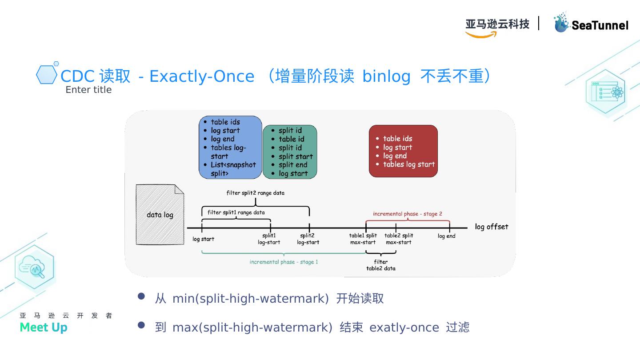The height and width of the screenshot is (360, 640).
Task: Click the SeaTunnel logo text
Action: coord(600,25)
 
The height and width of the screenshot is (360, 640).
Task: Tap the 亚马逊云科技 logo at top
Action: coord(497,24)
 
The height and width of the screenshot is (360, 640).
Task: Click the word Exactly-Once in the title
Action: coord(202,76)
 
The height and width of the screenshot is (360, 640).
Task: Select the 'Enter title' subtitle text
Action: coord(88,90)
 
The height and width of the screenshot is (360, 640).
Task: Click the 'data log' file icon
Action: coord(160,215)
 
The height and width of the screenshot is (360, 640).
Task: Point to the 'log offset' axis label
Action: coord(491,227)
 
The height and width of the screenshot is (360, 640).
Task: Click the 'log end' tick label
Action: coord(446,236)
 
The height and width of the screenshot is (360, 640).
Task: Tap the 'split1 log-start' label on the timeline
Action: coord(269,239)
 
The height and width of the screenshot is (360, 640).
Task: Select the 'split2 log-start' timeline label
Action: coord(308,239)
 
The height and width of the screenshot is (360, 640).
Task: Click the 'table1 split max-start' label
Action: coord(363,239)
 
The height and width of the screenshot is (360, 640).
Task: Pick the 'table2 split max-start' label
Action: coord(399,239)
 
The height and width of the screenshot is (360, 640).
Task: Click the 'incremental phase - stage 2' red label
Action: coord(407,214)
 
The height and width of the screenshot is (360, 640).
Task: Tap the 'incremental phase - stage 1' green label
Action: coord(284,262)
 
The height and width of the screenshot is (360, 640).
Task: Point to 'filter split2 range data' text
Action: coord(255,193)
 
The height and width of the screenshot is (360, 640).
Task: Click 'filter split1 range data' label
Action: coord(236,212)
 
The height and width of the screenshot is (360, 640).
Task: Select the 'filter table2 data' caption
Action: coord(380,265)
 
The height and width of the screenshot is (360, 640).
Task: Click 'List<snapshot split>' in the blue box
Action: coord(233,169)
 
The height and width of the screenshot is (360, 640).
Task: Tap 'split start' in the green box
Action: coord(296,156)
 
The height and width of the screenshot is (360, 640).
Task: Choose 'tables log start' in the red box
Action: coord(409,164)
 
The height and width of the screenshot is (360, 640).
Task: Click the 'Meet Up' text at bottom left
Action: coord(44,327)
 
